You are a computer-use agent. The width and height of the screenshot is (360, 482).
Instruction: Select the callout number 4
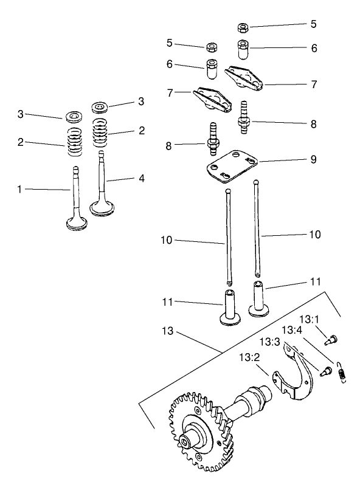[x=141, y=179]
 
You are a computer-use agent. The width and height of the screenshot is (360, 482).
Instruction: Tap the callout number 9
[x=313, y=159]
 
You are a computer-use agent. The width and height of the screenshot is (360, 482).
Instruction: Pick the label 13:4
[x=291, y=331]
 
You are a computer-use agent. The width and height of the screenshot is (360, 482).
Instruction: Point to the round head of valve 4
[x=103, y=208]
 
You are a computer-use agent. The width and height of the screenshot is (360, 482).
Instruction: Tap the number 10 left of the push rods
[x=168, y=241]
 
